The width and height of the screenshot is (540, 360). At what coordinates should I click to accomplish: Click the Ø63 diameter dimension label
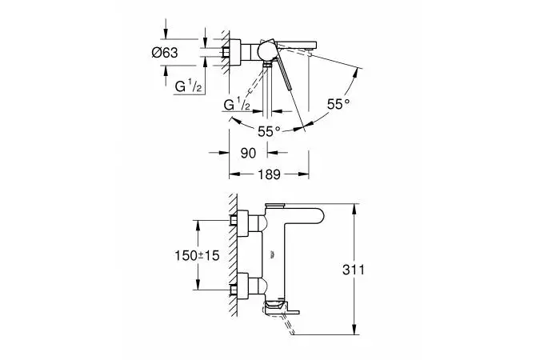[x=165, y=53]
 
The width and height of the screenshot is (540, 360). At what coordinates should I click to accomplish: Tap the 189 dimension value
[x=270, y=174]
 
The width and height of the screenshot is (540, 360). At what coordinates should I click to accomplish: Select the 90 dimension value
[x=248, y=154]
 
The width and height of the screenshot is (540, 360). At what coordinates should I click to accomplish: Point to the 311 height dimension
[x=354, y=270]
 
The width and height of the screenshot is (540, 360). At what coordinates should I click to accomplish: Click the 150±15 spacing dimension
[x=197, y=256]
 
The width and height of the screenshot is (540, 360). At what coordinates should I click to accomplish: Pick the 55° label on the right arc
[x=338, y=104]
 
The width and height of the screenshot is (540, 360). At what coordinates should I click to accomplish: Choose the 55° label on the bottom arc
[x=269, y=131]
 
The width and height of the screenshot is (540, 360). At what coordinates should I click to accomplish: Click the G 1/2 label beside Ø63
[x=188, y=86]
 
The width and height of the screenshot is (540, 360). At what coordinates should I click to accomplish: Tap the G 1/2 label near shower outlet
[x=237, y=104]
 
